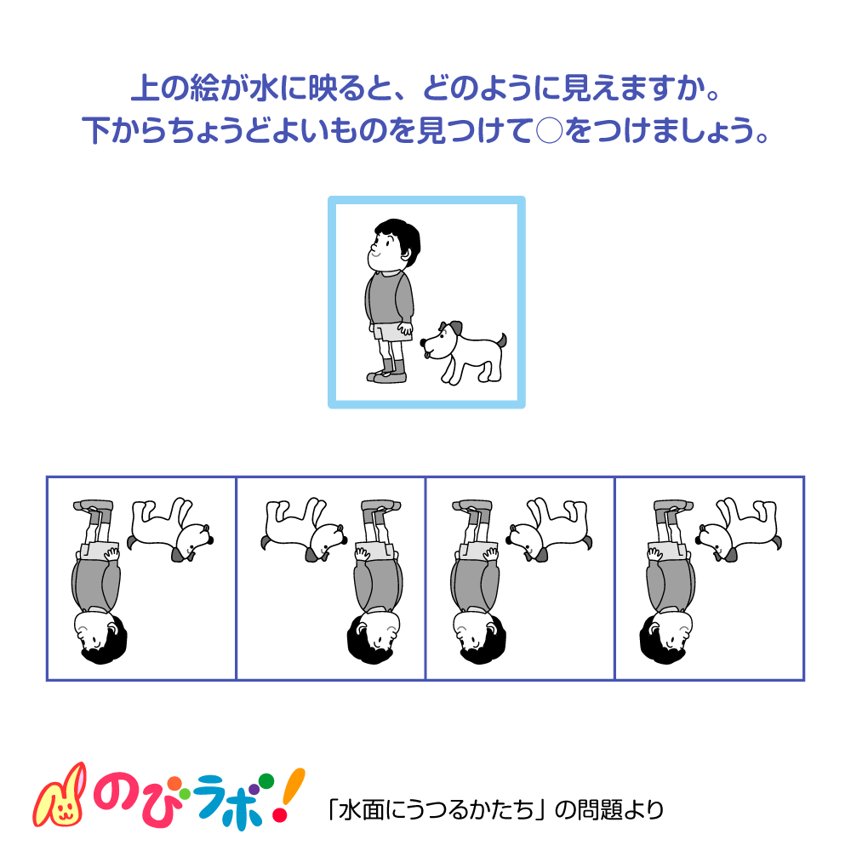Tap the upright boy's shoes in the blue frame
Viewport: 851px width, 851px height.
coord(387,375)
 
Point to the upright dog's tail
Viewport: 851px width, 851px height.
coord(501,340)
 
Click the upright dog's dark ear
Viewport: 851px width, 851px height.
coord(455,328)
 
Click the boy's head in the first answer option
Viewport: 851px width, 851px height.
coord(100,634)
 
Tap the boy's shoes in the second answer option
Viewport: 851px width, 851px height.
coord(379,506)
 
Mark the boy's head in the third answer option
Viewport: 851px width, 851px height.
coord(477,634)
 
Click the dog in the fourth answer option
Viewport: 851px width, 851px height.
coord(739,528)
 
